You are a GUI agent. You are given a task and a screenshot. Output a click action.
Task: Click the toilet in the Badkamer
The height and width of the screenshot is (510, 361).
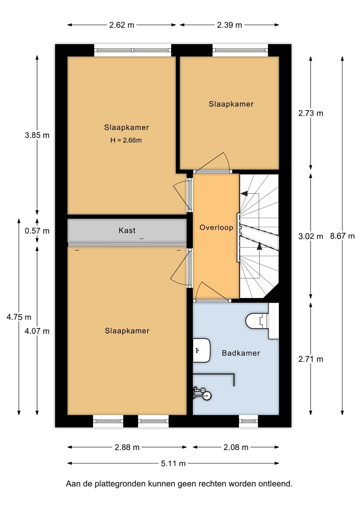coord(262,321)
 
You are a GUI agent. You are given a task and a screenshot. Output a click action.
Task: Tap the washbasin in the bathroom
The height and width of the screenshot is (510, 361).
coord(201,350)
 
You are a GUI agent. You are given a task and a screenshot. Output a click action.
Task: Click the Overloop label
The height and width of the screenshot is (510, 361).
coord(216,227)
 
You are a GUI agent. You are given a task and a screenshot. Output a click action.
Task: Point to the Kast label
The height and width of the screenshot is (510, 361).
coord(127,231)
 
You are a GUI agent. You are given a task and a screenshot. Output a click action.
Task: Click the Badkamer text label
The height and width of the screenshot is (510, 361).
coord(241,353)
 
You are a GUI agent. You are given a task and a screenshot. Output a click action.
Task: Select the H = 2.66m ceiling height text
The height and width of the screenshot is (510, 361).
coord(126,140)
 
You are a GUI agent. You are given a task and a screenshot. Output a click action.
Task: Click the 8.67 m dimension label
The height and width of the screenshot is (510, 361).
coord(342,236)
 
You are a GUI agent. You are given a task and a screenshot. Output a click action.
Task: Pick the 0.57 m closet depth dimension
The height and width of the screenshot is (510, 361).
coord(37,231)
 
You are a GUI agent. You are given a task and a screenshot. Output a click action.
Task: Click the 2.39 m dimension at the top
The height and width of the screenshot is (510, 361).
coord(229,25)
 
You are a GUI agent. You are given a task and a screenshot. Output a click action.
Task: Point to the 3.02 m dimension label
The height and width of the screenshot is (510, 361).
coord(311,236)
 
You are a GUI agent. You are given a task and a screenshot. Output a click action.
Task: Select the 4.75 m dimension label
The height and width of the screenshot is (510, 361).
coord(19,317)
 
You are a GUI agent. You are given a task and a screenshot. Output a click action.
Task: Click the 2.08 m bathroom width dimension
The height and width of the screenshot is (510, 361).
coord(236,447)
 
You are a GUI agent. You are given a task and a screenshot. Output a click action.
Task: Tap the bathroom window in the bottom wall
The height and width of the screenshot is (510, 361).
coord(249,421)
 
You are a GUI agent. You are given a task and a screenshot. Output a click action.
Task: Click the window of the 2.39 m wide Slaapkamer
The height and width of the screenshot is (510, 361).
coord(240,50)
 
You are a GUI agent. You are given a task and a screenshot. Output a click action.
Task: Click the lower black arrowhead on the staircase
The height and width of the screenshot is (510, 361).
coord(259,246)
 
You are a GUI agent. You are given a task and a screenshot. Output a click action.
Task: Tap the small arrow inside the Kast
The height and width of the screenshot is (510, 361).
coord(142,239)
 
